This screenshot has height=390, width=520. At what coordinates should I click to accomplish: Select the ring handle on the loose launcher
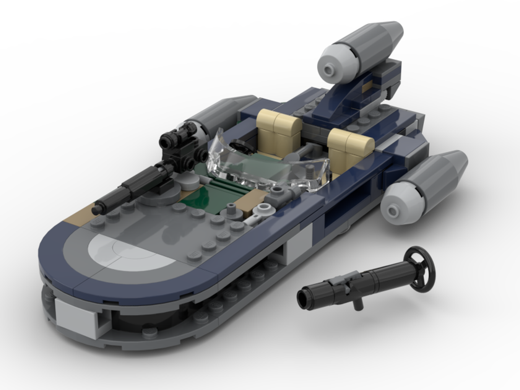419,259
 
